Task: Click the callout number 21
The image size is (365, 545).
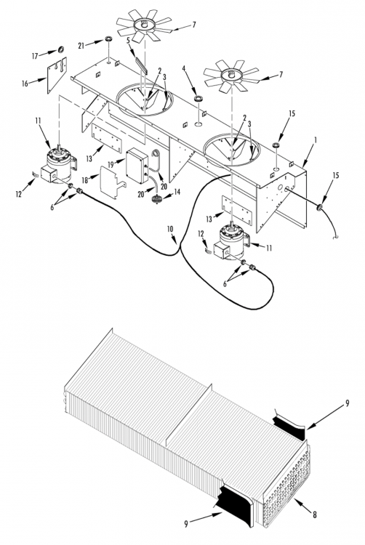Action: coord(81,46)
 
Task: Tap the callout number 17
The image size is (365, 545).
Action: coord(35,56)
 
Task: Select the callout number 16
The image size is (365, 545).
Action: coord(25,84)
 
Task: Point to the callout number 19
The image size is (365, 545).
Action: coord(111,163)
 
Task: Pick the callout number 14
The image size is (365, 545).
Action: coord(177,191)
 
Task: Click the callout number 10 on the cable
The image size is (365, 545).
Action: coord(170,229)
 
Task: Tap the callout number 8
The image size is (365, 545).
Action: coord(315,514)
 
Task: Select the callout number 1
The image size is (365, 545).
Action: coord(316,140)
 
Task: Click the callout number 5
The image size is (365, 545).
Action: coord(128,41)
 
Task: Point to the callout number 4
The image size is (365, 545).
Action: coord(184,69)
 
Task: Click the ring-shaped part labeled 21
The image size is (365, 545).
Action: coord(108,39)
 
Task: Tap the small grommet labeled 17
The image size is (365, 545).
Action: coord(61,49)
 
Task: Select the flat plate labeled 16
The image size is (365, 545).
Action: coord(57,76)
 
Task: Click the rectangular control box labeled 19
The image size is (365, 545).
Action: coord(137,166)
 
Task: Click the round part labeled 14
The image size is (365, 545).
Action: coord(159,200)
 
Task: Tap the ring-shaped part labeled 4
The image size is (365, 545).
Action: coord(199,99)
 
